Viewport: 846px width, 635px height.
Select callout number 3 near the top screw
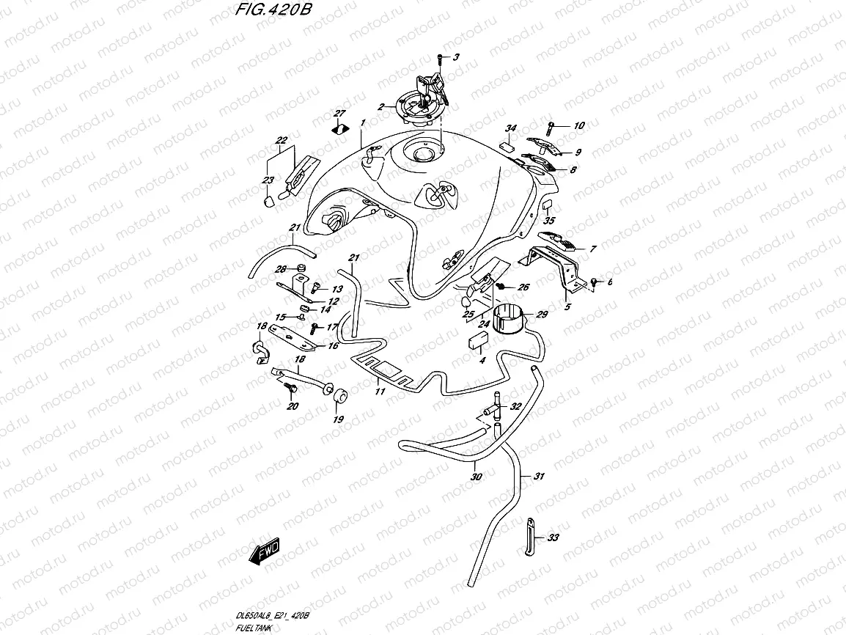click(455, 57)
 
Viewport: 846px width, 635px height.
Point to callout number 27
click(339, 113)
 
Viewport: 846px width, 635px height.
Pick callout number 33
click(553, 537)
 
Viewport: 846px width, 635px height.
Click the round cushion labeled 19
click(339, 397)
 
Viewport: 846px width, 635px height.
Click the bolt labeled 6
click(595, 282)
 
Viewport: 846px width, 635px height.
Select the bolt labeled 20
click(290, 386)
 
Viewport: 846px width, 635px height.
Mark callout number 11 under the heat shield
click(380, 392)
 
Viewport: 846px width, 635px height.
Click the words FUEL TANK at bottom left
click(254, 628)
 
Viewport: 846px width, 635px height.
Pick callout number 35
click(549, 220)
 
